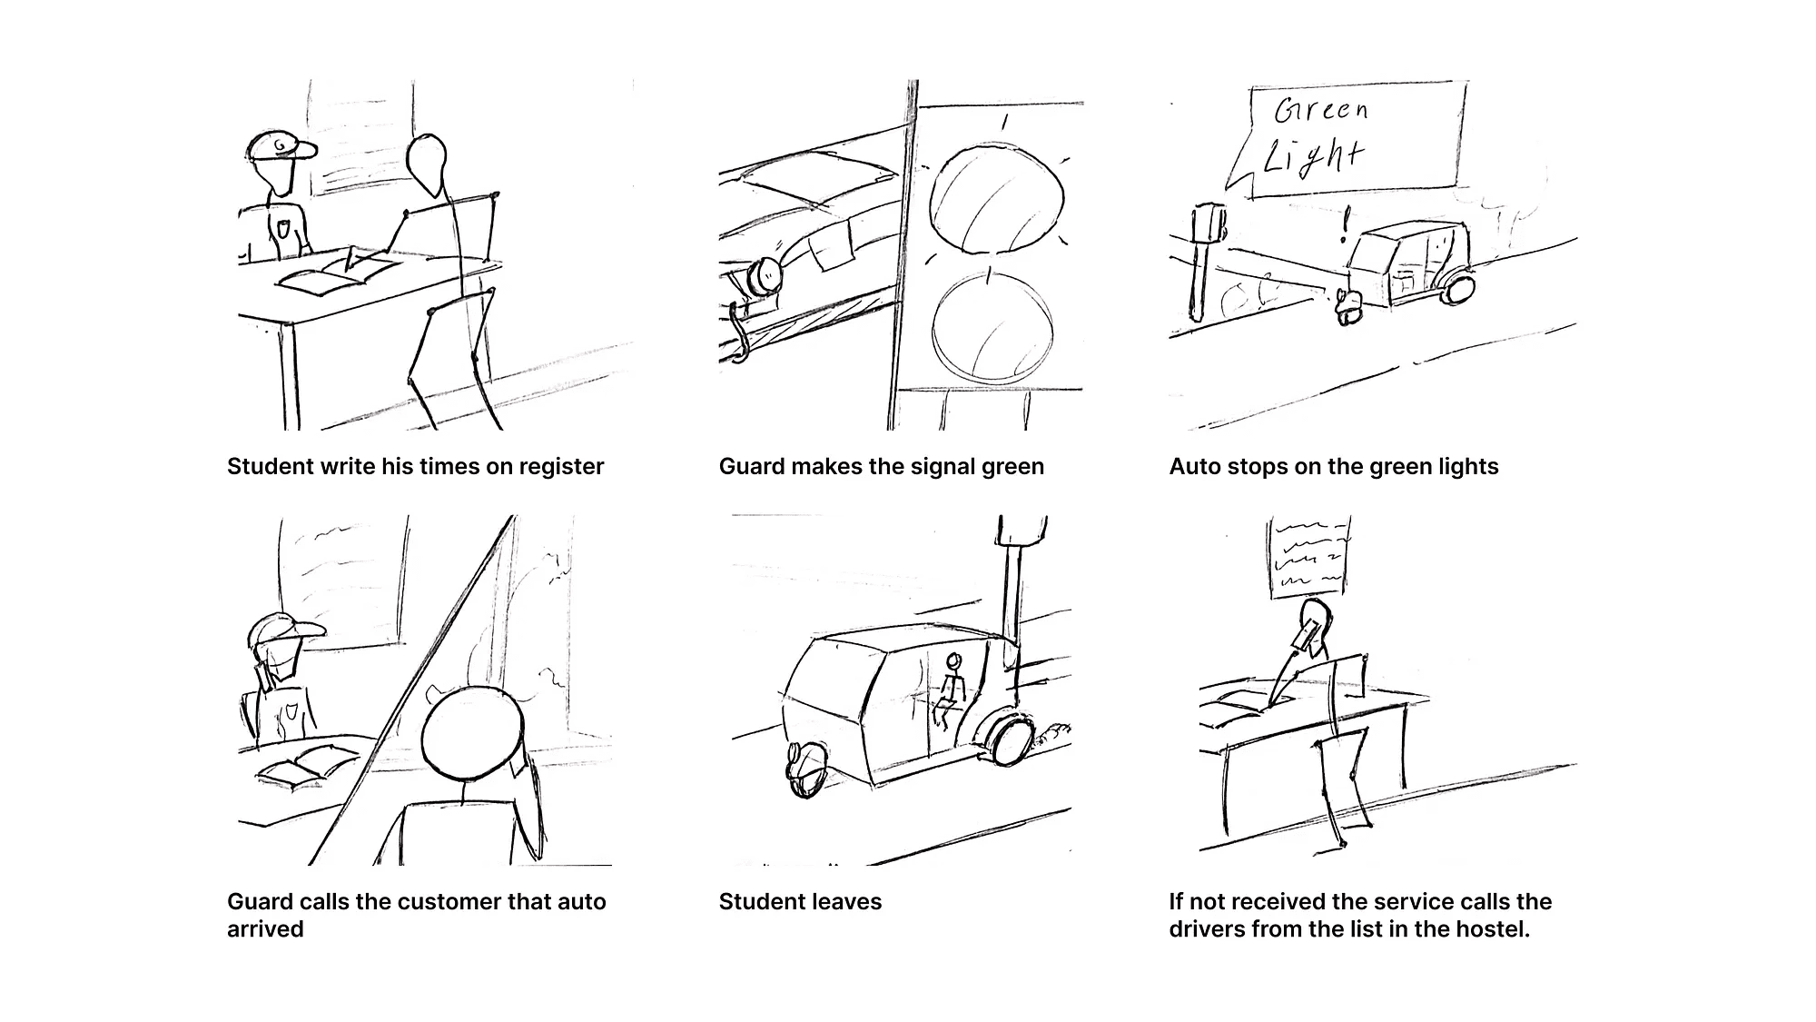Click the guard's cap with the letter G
click(x=281, y=145)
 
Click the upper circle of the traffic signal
click(x=997, y=199)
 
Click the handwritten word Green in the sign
click(x=1321, y=110)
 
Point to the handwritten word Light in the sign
click(x=1314, y=156)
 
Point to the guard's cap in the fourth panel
click(x=285, y=628)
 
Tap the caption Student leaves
click(x=800, y=902)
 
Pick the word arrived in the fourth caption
click(x=265, y=929)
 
